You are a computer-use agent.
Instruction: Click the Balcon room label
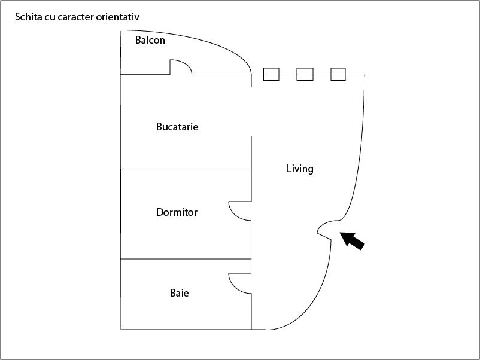[x=150, y=40]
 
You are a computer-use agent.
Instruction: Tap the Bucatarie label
[x=177, y=127]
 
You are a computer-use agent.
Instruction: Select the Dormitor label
[x=177, y=212]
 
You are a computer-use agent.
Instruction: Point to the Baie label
[x=179, y=293]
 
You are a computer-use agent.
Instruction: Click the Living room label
[x=300, y=169]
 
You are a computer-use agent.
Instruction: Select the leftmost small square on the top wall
[x=271, y=74]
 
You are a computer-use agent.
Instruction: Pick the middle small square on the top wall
[x=305, y=74]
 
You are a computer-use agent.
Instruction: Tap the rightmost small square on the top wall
[x=338, y=74]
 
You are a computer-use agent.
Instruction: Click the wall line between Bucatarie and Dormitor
[x=186, y=169]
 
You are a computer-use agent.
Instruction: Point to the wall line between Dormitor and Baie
[x=186, y=259]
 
